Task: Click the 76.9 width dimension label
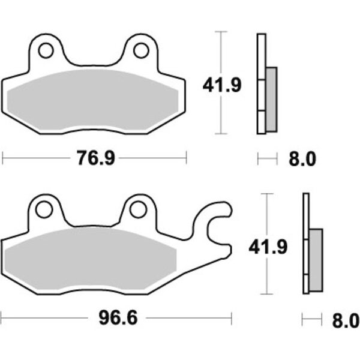pos(96,158)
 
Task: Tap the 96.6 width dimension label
pos(118,318)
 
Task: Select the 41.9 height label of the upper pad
pos(222,85)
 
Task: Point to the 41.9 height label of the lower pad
pos(268,247)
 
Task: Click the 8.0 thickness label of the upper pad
pos(302,159)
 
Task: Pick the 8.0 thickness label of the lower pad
pos(346,321)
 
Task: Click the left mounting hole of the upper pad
pos(46,50)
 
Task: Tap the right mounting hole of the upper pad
pos(141,50)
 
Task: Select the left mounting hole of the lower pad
pos(44,209)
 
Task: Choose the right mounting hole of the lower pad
pos(138,209)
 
